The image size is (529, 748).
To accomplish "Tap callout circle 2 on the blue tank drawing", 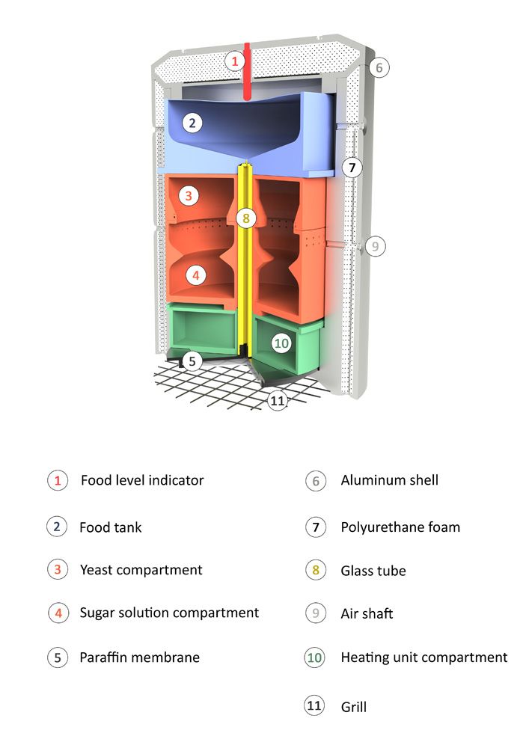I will [x=192, y=123].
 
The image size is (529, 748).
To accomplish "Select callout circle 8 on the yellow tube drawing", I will [x=245, y=218].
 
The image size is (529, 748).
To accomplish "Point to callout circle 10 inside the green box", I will [x=281, y=343].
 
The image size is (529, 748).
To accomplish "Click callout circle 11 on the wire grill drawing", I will [x=278, y=400].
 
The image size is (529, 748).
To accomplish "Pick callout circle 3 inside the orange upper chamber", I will [x=189, y=196].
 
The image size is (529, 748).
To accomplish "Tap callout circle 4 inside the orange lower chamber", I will [x=195, y=275].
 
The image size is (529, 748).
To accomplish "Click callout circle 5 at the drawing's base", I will [x=192, y=361].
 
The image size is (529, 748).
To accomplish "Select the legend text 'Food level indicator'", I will [x=142, y=480].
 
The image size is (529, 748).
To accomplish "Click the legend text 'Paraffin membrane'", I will [x=139, y=658].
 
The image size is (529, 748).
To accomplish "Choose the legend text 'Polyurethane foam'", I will [x=400, y=527].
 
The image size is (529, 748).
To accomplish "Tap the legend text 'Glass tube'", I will [x=373, y=571].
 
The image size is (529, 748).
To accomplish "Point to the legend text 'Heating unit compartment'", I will [x=424, y=658].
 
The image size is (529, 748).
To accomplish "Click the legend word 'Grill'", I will [x=354, y=706].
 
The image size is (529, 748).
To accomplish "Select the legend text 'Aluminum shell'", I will [x=390, y=480].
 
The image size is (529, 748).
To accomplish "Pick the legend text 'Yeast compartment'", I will [x=141, y=570].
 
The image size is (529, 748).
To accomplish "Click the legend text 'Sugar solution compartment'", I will [x=169, y=613].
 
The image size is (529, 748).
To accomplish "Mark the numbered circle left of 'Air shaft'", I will [x=316, y=615].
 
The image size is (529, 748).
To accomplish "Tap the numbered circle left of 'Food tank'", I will [x=57, y=527].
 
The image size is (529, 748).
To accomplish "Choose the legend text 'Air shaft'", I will [x=367, y=614].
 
